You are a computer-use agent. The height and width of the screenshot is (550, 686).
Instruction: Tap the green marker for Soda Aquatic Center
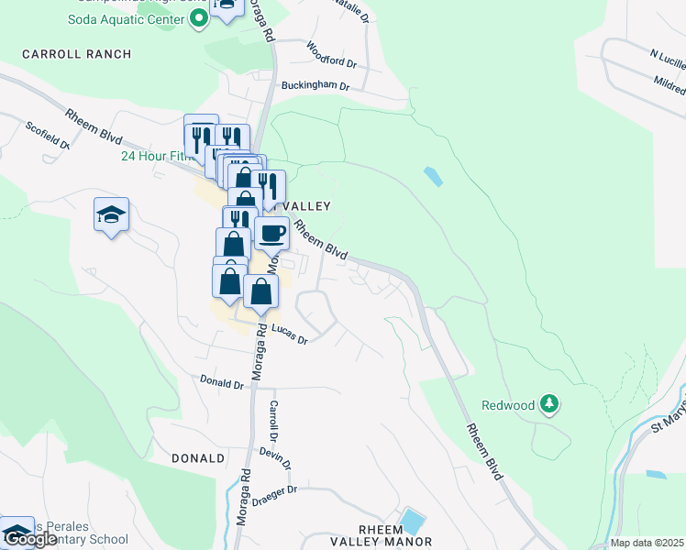(197, 19)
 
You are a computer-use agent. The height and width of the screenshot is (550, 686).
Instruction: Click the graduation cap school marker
(111, 215)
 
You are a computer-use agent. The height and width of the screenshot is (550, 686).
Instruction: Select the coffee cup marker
(271, 233)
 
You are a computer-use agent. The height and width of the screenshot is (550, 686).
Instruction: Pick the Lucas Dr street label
(288, 338)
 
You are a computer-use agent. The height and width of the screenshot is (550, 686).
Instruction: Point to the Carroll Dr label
(273, 419)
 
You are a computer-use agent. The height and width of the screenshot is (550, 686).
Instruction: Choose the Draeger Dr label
(281, 490)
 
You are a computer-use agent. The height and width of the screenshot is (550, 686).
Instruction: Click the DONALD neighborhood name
(198, 457)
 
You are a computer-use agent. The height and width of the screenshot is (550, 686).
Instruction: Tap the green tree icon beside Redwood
(548, 402)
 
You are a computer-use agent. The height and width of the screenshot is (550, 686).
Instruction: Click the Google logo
(29, 539)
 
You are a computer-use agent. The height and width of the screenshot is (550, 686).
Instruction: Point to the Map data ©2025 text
(647, 544)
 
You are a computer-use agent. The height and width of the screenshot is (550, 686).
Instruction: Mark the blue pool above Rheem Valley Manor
(412, 521)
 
